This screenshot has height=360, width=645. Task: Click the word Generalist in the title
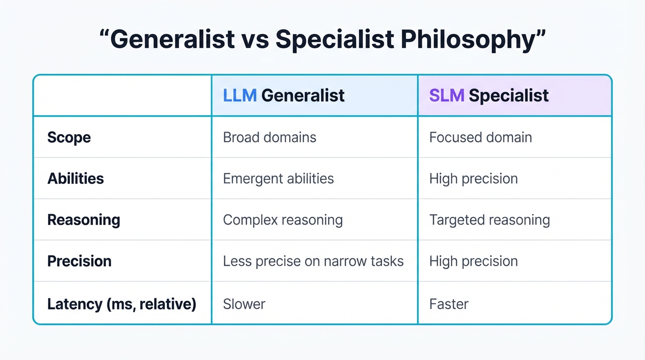tap(172, 39)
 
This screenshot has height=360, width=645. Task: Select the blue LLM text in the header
tap(240, 96)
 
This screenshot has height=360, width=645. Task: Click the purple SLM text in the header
tap(446, 96)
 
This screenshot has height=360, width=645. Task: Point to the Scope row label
tap(69, 137)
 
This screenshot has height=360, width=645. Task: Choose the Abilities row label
tap(75, 179)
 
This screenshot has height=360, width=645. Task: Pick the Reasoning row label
tap(83, 220)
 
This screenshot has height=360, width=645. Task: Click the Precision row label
tap(79, 261)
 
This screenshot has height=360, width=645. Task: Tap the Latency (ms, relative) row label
tap(121, 304)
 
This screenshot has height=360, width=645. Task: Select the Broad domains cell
tap(270, 137)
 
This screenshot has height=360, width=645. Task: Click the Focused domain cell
tap(480, 137)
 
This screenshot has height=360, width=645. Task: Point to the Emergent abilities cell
tap(278, 179)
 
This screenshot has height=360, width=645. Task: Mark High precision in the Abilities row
tap(473, 179)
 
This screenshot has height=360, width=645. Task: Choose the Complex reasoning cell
tap(283, 220)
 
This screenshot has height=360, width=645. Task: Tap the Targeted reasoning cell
tap(489, 220)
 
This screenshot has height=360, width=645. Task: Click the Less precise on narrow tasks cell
tap(313, 261)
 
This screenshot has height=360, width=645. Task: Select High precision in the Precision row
tap(473, 261)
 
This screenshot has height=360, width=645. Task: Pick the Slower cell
tap(244, 304)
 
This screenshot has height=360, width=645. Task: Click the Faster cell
tap(449, 304)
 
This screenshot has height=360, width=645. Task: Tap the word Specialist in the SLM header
tap(509, 96)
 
